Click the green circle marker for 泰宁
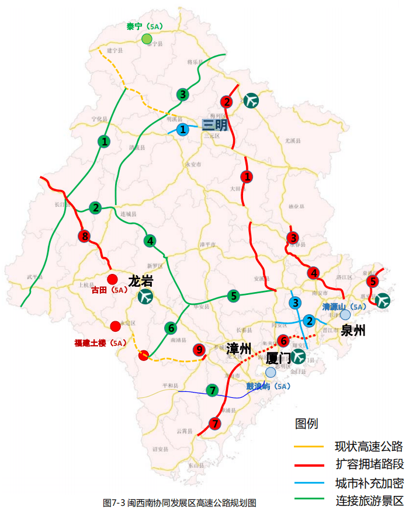pyautogui.click(x=147, y=39)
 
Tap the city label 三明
pyautogui.click(x=214, y=125)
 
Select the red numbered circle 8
pyautogui.click(x=85, y=237)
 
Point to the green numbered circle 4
pyautogui.click(x=150, y=241)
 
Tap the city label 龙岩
pyautogui.click(x=140, y=281)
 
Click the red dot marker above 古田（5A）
pyautogui.click(x=112, y=279)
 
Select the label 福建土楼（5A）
pyautogui.click(x=100, y=343)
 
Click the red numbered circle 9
pyautogui.click(x=199, y=350)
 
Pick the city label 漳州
pyautogui.click(x=238, y=349)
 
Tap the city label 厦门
pyautogui.click(x=278, y=357)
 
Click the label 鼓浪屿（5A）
pyautogui.click(x=268, y=386)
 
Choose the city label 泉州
pyautogui.click(x=353, y=331)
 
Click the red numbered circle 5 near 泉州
pyautogui.click(x=372, y=282)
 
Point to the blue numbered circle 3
pyautogui.click(x=296, y=303)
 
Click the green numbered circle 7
pyautogui.click(x=212, y=390)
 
